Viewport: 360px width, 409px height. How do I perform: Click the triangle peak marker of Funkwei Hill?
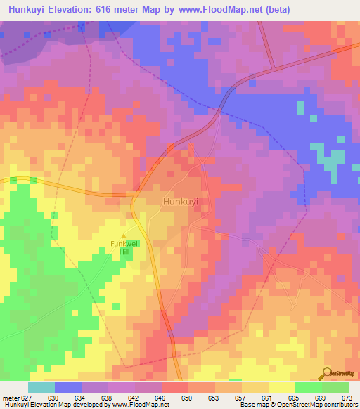(x=124, y=235)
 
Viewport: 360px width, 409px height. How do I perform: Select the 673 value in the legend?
(x=346, y=397)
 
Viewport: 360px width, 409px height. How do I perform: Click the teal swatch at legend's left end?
(x=41, y=387)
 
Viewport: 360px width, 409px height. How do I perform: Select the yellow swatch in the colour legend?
(x=281, y=387)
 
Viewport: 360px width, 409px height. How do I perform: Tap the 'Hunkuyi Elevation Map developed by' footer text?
(x=51, y=405)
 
